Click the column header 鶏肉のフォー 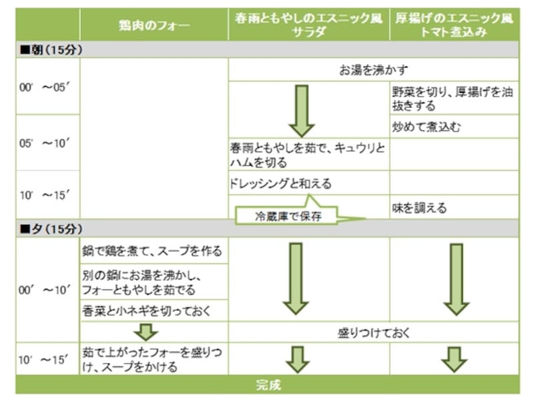(x=154, y=26)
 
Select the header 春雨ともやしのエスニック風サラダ (x=308, y=25)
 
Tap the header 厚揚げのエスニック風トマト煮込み (x=454, y=25)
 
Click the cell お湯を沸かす (x=373, y=69)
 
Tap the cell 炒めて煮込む (x=427, y=127)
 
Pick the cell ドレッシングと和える (x=280, y=183)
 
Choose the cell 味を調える (x=419, y=208)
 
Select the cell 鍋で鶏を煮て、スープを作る (x=153, y=252)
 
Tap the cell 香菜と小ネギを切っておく (x=146, y=311)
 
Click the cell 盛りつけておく (x=373, y=332)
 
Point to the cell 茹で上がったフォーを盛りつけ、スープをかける (x=153, y=359)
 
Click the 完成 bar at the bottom (x=268, y=385)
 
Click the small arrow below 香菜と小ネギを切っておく (x=146, y=332)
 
